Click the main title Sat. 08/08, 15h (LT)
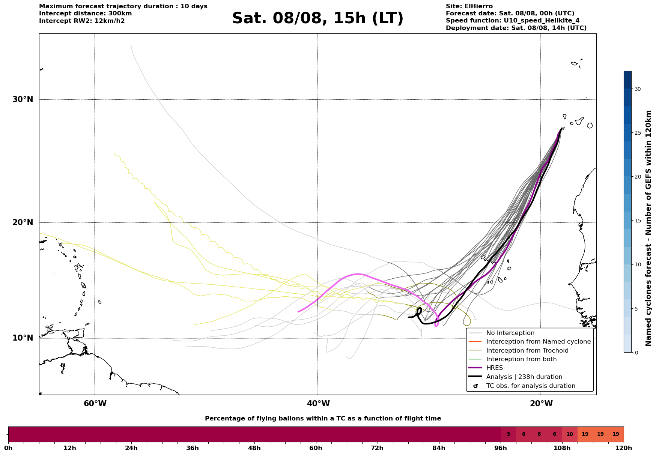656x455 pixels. tap(317, 18)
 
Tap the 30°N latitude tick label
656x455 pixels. tap(23, 99)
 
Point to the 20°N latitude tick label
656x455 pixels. tap(23, 222)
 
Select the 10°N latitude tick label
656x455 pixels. tap(23, 338)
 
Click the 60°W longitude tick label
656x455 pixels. tap(95, 404)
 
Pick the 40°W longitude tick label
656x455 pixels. tap(318, 404)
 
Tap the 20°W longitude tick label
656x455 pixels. tap(541, 404)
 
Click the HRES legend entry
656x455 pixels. tap(495, 368)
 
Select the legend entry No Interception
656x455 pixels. tap(510, 333)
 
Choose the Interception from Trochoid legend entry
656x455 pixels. tap(527, 351)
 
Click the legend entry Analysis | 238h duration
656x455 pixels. tap(524, 377)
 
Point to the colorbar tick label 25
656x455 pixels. tap(638, 133)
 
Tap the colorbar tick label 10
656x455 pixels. tap(638, 264)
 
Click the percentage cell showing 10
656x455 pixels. tap(570, 434)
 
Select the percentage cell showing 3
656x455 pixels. tap(508, 434)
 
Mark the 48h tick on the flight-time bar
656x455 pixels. tap(254, 442)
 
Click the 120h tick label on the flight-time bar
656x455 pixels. tap(624, 448)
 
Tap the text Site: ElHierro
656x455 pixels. tap(469, 6)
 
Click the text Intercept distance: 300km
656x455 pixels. tap(86, 14)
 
